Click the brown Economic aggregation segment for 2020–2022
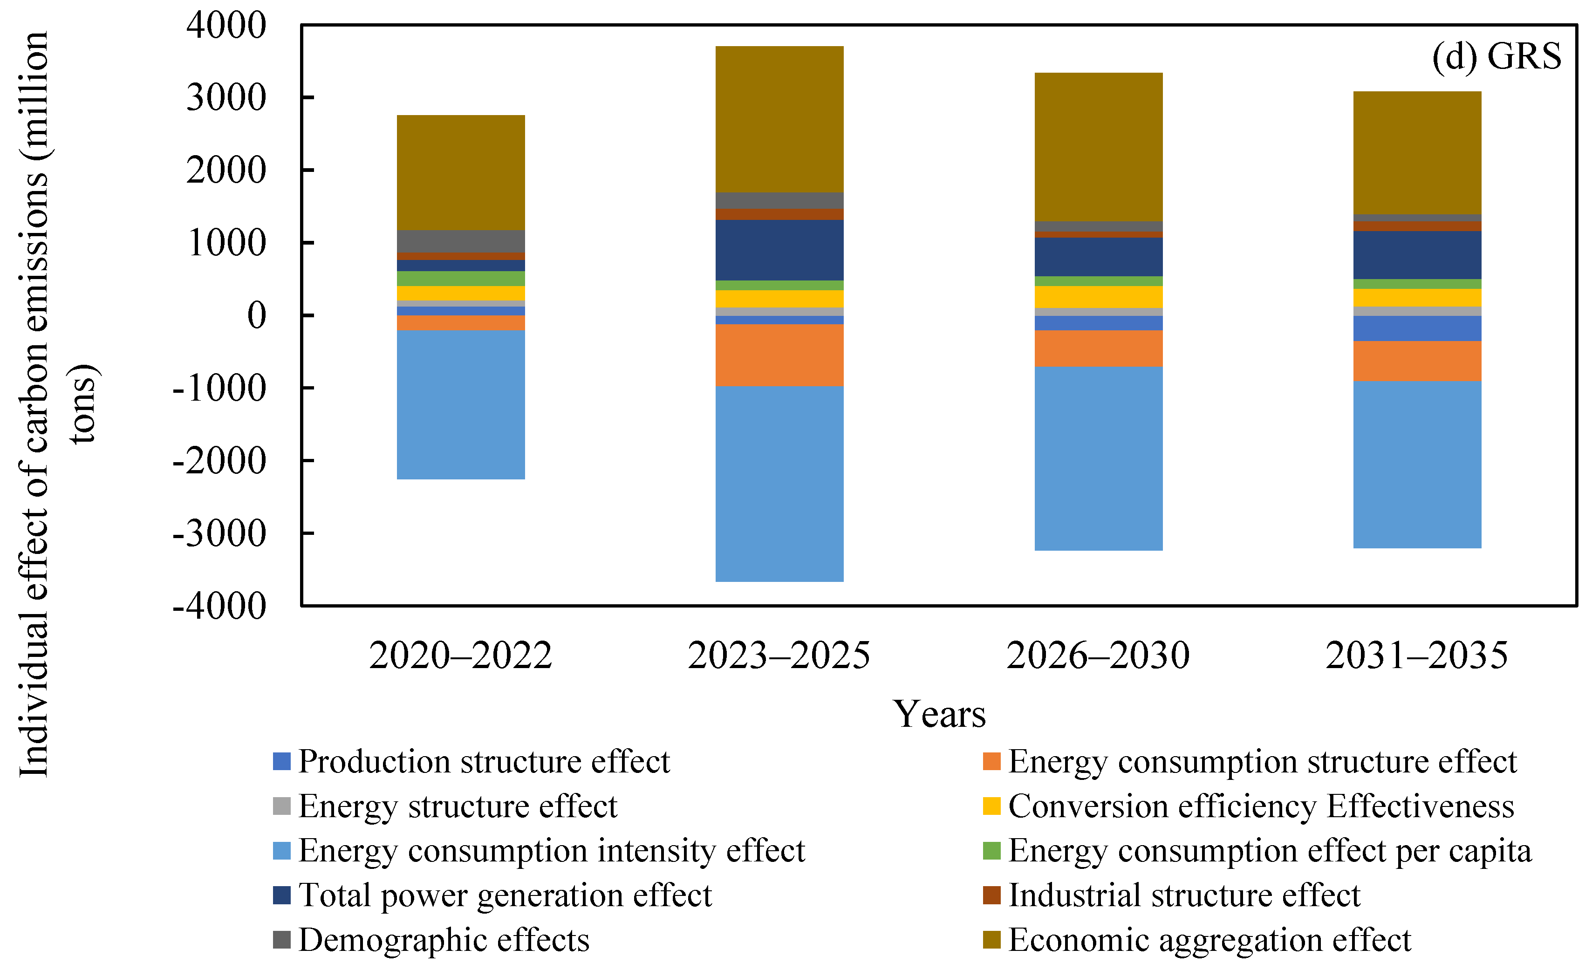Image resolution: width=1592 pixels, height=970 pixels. tap(461, 172)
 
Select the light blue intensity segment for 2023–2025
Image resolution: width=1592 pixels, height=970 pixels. tap(779, 484)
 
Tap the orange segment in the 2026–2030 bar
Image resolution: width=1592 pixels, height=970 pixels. tap(1099, 349)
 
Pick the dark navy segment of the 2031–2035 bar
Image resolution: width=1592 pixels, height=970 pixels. tap(1417, 255)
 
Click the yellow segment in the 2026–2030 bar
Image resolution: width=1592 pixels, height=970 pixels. tap(1099, 297)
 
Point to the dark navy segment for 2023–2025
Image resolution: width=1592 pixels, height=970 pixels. tap(779, 250)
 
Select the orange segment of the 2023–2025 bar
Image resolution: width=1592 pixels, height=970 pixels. tap(779, 355)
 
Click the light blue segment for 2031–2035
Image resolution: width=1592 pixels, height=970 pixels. tap(1417, 465)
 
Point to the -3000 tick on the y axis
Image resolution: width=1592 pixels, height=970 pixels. tap(220, 534)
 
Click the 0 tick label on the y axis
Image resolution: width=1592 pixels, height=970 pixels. tap(257, 316)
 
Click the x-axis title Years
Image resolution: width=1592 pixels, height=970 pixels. tap(939, 714)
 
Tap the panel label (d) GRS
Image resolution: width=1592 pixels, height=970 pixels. tap(1496, 57)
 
